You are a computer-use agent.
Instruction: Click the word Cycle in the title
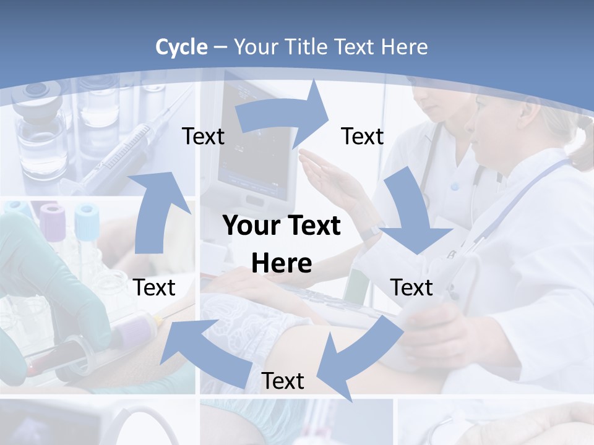click(x=181, y=47)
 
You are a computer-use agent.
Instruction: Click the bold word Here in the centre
click(x=282, y=263)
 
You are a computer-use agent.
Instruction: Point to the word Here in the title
click(x=402, y=47)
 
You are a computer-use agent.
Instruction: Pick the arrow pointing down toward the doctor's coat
click(x=411, y=213)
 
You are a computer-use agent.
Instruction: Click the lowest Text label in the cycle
click(x=283, y=381)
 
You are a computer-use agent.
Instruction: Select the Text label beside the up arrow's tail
click(x=154, y=287)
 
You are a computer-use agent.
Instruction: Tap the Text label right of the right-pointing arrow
click(x=363, y=137)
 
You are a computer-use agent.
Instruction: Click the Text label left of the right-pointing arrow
click(x=203, y=137)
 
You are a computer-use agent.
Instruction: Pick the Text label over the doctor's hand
click(x=411, y=287)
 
